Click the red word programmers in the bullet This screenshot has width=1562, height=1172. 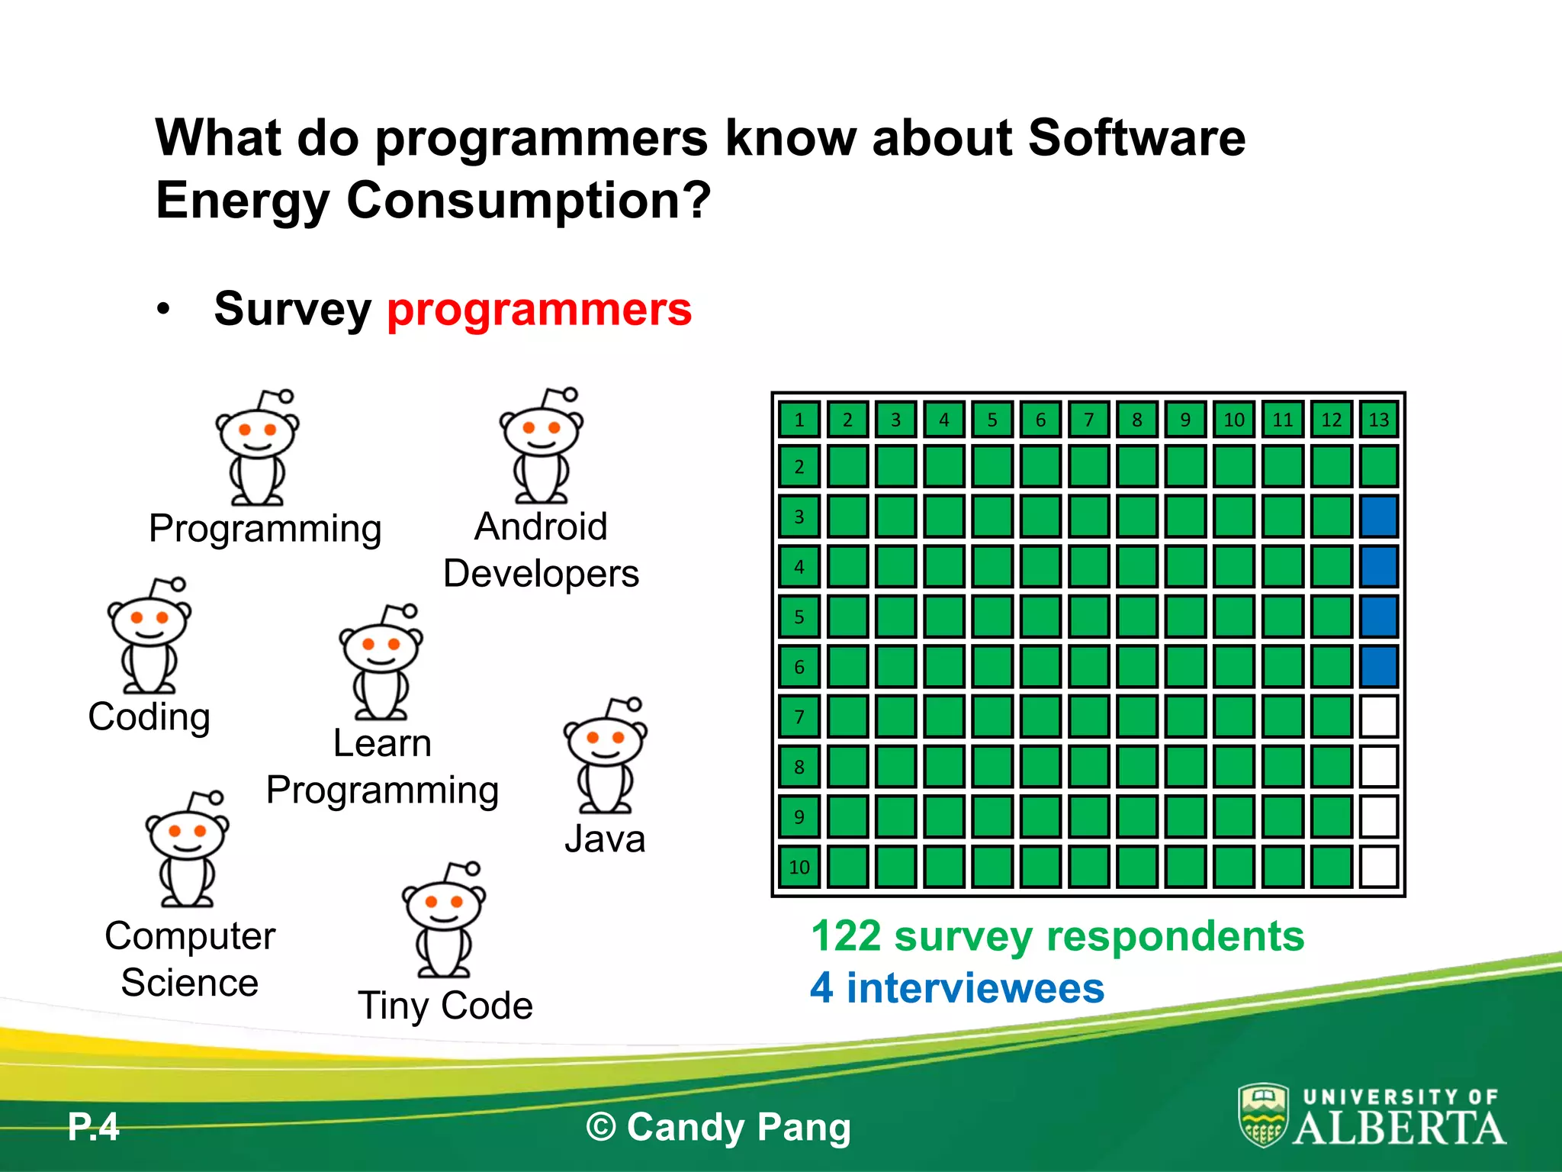[539, 310]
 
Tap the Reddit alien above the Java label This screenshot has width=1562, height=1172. [606, 755]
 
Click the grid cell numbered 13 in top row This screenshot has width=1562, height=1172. [1378, 420]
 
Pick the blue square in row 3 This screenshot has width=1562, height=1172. [1378, 517]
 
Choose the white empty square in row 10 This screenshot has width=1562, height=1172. [1378, 867]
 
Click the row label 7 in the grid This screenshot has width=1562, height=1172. [799, 716]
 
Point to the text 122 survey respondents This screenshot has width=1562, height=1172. [1057, 936]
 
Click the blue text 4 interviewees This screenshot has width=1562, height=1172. [957, 988]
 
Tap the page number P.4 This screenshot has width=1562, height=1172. [94, 1127]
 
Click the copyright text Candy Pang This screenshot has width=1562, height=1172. [718, 1128]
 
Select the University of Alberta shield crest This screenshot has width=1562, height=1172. [1263, 1116]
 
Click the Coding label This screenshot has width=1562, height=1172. [149, 717]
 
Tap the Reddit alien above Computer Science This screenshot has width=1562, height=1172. [188, 849]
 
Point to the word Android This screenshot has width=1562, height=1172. [541, 527]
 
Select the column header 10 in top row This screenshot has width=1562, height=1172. [1233, 420]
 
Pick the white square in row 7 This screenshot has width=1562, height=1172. [1378, 716]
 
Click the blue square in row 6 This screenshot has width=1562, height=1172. [1378, 666]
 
